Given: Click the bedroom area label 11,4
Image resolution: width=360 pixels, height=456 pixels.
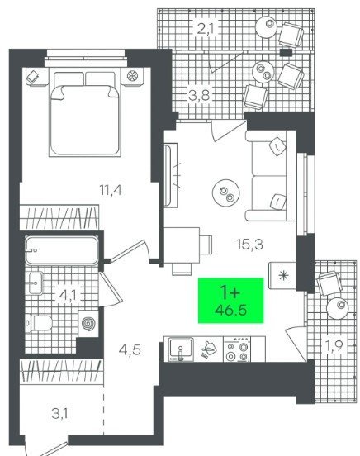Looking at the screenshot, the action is (x=111, y=191).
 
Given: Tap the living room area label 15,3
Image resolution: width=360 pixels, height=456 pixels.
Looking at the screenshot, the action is (x=250, y=245).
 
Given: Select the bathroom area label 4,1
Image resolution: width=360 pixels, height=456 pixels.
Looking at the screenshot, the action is (x=68, y=296).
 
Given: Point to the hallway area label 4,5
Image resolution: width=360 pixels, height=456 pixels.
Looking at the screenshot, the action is (x=130, y=349).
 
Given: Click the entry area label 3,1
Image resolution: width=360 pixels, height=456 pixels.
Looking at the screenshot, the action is (x=60, y=414).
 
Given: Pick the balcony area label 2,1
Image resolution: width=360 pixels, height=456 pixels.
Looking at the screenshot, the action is (x=206, y=29).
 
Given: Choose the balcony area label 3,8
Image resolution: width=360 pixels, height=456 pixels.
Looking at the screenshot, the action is (x=199, y=95).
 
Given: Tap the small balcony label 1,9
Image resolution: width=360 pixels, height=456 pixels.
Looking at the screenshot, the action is (x=334, y=346).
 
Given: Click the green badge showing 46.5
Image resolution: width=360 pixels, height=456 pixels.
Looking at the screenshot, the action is (x=231, y=301).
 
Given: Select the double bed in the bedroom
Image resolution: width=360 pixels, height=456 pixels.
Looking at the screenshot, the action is (x=85, y=112).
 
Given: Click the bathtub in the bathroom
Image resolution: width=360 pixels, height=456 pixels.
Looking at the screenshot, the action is (x=62, y=250).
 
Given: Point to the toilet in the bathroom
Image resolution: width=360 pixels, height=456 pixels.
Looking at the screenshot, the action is (x=40, y=323).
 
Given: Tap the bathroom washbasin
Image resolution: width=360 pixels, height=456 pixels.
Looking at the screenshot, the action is (x=36, y=283).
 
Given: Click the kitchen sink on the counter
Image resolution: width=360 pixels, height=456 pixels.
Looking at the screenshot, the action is (x=181, y=349).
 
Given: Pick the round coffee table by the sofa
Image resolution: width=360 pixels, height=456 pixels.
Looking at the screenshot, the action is (x=226, y=192).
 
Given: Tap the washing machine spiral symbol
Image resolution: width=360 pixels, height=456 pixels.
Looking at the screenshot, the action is (x=88, y=324).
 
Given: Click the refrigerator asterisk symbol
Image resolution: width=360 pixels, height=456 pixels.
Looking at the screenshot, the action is (x=283, y=275).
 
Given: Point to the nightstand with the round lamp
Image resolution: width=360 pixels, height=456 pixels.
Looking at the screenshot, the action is (x=132, y=77).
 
